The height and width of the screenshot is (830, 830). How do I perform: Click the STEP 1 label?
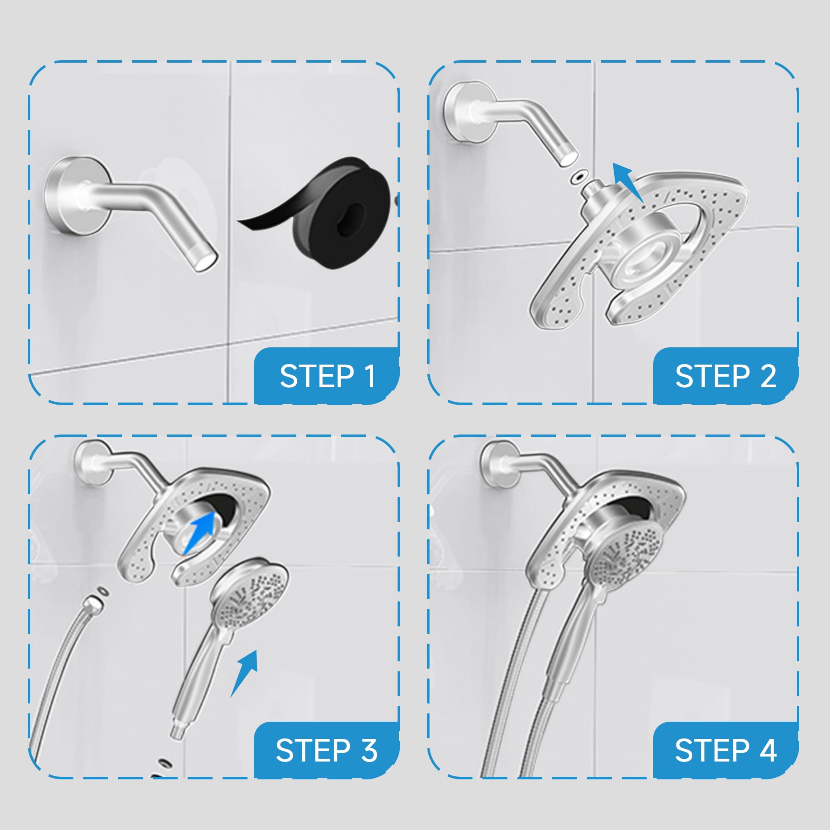(x=327, y=376)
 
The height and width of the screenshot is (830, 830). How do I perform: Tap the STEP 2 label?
(x=725, y=376)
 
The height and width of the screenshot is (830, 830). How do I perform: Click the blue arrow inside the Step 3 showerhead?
(x=200, y=532)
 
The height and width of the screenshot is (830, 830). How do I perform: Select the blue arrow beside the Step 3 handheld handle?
(x=244, y=673)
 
